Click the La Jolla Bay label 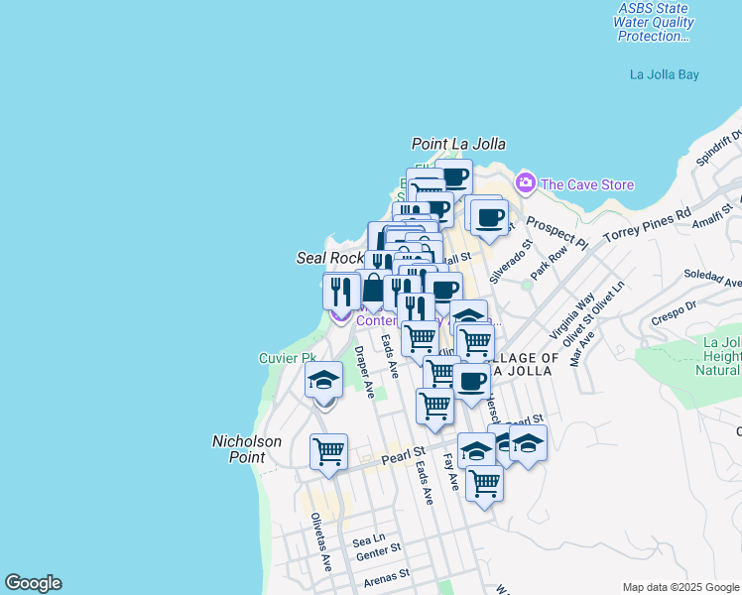click(665, 74)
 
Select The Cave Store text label click(587, 184)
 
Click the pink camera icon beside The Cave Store click(525, 183)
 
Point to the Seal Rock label click(331, 258)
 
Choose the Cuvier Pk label click(287, 358)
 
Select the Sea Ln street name click(368, 541)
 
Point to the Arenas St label click(386, 575)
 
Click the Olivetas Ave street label click(319, 541)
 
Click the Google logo click(33, 583)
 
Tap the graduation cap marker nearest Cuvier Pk click(323, 381)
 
